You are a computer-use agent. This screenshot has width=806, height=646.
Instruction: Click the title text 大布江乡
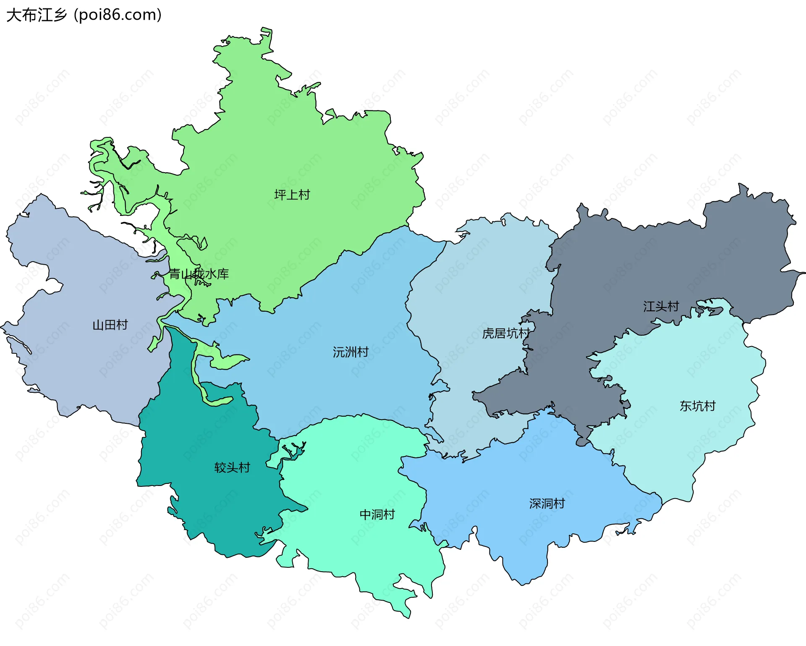(37, 15)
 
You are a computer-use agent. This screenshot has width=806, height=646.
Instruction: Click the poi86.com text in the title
(117, 15)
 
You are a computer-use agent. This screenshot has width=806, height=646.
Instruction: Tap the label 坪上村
(292, 195)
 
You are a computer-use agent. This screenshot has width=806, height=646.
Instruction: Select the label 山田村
(110, 325)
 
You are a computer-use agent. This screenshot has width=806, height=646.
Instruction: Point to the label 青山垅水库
(199, 274)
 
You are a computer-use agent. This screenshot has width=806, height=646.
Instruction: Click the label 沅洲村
(351, 352)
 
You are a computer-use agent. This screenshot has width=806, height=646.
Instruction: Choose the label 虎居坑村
(506, 334)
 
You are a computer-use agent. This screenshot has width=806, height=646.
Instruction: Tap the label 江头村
(661, 306)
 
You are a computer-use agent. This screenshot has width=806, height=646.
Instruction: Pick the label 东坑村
(697, 406)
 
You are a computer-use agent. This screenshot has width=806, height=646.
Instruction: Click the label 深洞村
(547, 503)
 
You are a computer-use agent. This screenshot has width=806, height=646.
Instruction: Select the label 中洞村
(377, 514)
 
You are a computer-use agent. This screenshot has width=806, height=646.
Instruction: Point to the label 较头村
(232, 467)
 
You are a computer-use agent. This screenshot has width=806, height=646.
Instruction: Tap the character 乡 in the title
(60, 15)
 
